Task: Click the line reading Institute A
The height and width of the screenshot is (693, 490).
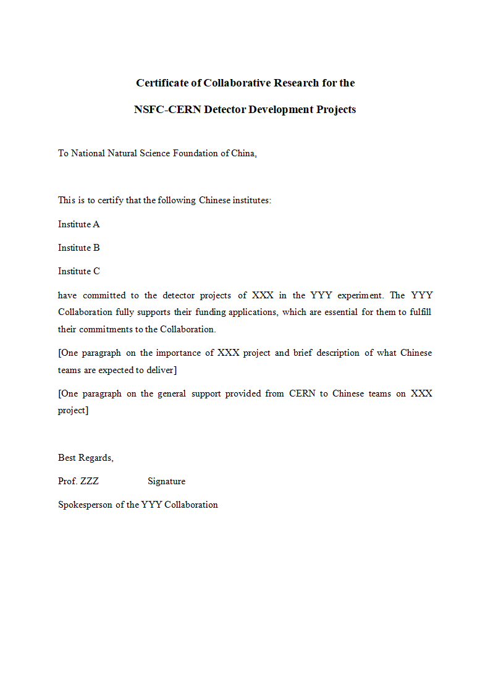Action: [78, 224]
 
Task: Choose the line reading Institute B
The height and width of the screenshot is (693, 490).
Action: [78, 248]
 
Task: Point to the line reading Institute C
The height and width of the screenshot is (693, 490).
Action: [78, 271]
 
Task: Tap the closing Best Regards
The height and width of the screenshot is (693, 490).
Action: [85, 458]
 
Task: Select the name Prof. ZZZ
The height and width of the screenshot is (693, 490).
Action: [78, 481]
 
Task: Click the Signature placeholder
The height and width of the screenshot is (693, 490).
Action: [166, 481]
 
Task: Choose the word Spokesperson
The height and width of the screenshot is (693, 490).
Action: [85, 505]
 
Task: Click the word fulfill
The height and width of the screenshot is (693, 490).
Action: [420, 312]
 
